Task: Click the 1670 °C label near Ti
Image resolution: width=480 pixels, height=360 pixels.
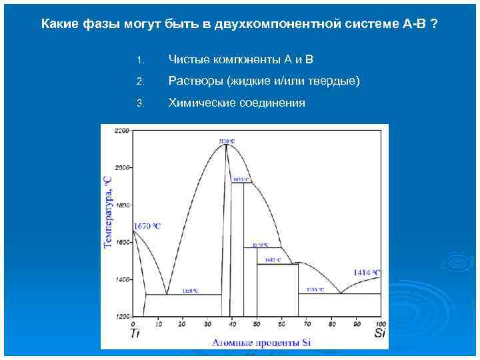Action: [x=147, y=227]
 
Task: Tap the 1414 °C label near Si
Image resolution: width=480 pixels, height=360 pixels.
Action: [x=367, y=272]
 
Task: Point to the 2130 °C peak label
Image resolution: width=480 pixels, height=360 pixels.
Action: [x=227, y=141]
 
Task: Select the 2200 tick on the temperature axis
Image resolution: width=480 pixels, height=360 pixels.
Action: [x=122, y=131]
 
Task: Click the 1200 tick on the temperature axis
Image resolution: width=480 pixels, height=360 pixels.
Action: [x=122, y=316]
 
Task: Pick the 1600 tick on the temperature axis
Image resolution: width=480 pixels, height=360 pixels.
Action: [x=122, y=243]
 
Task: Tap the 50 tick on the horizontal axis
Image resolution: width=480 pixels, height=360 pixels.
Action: [x=255, y=323]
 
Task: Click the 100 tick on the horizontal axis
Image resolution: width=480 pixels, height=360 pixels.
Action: [x=377, y=323]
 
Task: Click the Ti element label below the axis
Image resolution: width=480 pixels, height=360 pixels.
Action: [x=135, y=333]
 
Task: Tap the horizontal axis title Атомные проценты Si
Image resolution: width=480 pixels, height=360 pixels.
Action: [x=261, y=343]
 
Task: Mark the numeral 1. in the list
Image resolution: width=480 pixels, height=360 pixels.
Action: [x=139, y=61]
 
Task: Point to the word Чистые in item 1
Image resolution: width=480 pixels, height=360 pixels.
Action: [x=189, y=60]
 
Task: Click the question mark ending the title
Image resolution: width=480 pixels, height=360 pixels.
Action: [x=435, y=25]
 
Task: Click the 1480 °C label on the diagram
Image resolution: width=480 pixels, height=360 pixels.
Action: [x=273, y=260]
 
